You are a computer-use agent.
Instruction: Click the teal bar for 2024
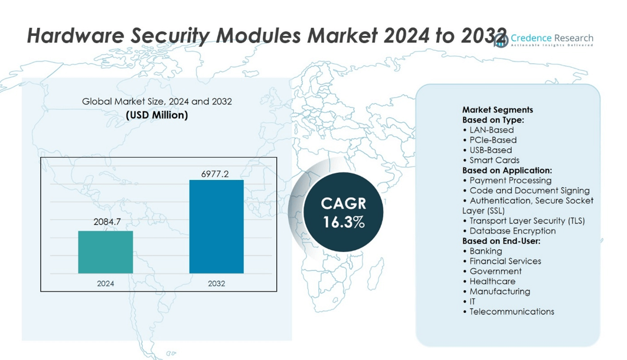click(x=106, y=252)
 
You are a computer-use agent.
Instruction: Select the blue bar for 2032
click(x=216, y=227)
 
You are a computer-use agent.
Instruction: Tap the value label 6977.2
click(x=215, y=174)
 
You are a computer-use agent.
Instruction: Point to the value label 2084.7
click(x=107, y=222)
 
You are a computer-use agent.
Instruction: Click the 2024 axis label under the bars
click(x=106, y=284)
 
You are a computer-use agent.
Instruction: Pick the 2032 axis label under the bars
click(x=216, y=284)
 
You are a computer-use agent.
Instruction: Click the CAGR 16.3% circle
click(x=344, y=213)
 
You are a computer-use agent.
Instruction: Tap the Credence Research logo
click(x=543, y=40)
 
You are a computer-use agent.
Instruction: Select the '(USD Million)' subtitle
click(x=157, y=115)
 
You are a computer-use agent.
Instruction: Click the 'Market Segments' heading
click(x=498, y=110)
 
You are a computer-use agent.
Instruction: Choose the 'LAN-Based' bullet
click(x=491, y=130)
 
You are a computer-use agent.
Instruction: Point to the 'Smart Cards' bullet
click(x=494, y=160)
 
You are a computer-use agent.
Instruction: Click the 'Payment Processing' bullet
click(x=510, y=181)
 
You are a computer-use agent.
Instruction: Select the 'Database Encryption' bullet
click(x=512, y=231)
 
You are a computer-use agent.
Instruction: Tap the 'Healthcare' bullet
click(x=492, y=281)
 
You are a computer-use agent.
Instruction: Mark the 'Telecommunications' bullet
click(x=511, y=311)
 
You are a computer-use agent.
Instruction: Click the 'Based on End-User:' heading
click(x=501, y=241)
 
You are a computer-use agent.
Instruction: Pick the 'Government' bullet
click(x=495, y=271)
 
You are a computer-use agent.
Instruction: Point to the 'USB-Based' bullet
click(x=491, y=150)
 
